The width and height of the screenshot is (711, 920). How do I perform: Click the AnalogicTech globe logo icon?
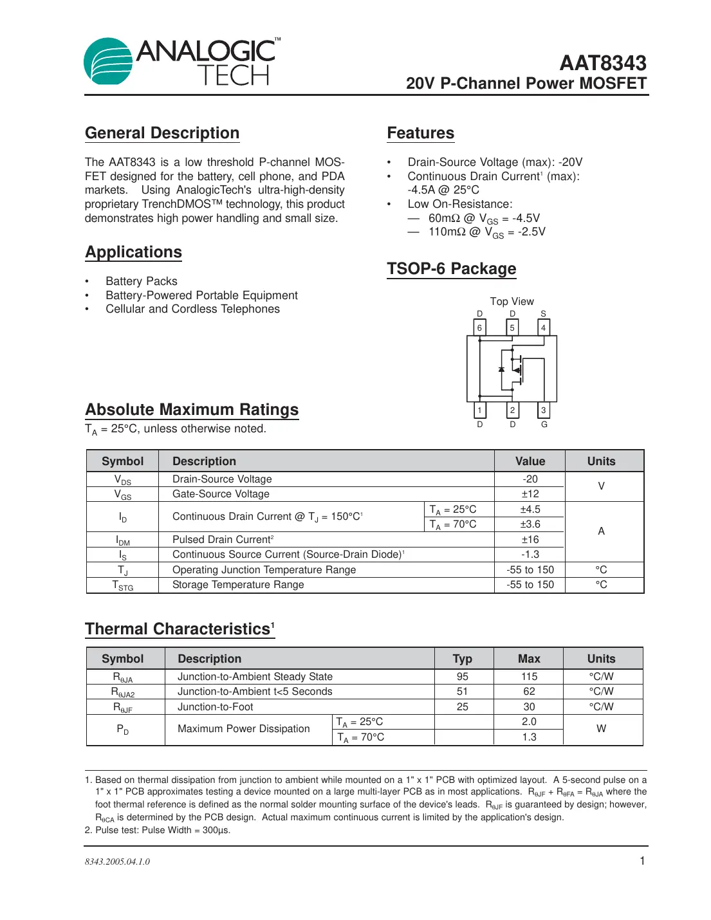(x=107, y=61)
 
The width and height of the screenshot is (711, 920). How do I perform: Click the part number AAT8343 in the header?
(x=602, y=62)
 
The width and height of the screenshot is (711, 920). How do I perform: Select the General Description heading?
(x=162, y=133)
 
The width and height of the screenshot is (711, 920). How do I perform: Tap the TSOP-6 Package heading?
(x=451, y=269)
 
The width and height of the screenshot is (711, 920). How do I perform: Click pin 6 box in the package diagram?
(x=479, y=327)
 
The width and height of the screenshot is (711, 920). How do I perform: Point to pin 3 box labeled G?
(x=544, y=410)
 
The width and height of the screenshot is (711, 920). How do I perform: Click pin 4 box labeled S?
(x=544, y=327)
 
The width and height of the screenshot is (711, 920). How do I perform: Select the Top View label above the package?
(x=512, y=301)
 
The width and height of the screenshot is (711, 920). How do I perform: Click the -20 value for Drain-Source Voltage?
(x=530, y=479)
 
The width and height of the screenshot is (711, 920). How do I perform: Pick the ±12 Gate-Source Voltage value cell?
(x=530, y=494)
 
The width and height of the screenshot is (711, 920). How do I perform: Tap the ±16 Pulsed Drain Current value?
(x=530, y=540)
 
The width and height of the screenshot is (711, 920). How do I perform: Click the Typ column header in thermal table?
(x=462, y=659)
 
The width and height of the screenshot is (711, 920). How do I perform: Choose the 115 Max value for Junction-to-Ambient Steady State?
(x=529, y=677)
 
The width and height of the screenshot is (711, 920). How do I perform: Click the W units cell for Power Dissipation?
(x=601, y=729)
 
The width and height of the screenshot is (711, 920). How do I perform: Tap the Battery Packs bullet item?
(x=141, y=281)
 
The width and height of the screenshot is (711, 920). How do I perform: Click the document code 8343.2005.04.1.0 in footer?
(x=117, y=861)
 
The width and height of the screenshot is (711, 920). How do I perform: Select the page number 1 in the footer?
(x=642, y=861)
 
